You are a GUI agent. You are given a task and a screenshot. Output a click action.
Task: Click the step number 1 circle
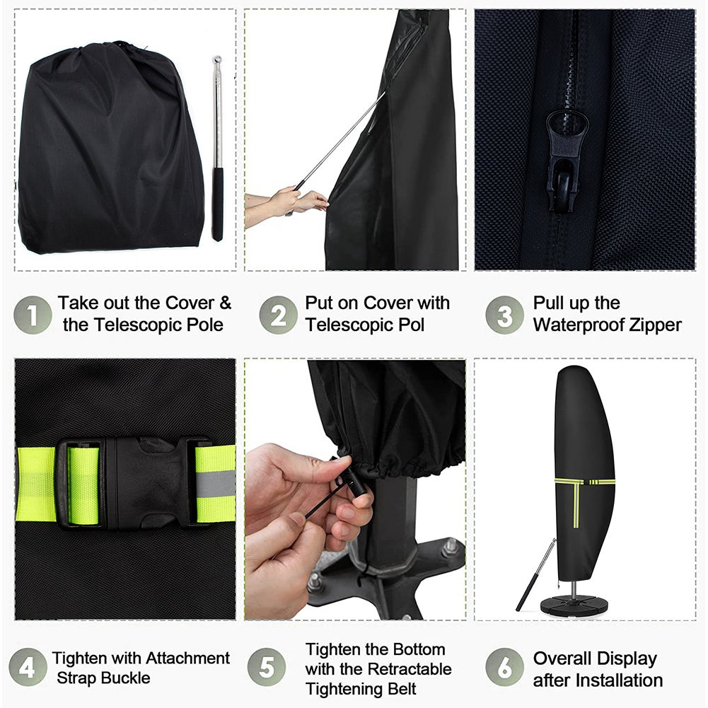click(33, 315)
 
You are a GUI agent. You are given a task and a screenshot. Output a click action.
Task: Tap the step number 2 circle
click(278, 315)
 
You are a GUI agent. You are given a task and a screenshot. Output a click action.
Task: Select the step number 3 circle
click(505, 315)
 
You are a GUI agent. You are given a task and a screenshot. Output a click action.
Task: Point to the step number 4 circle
click(28, 668)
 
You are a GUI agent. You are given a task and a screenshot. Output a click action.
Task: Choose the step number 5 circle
click(267, 668)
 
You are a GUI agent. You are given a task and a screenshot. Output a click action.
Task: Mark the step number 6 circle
click(505, 668)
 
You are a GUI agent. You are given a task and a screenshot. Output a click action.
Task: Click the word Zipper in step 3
click(654, 325)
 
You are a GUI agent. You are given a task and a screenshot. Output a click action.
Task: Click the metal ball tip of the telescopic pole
click(217, 59)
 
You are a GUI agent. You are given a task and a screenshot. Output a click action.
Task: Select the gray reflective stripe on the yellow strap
click(216, 482)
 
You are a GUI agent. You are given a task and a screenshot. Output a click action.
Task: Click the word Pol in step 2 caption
click(410, 325)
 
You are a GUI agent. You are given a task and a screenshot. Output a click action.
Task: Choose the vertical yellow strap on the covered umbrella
click(576, 504)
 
